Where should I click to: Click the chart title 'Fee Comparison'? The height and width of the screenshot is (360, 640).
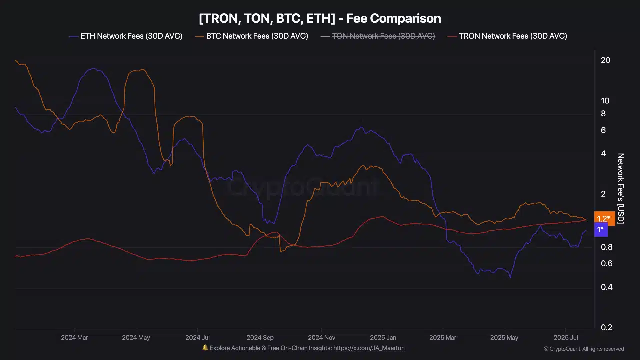(320, 19)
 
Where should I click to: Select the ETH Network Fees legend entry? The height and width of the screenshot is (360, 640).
(125, 36)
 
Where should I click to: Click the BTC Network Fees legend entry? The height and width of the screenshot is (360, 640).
(251, 36)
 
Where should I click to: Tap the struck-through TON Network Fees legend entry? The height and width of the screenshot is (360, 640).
(377, 36)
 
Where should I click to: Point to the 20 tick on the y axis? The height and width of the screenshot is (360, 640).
(605, 60)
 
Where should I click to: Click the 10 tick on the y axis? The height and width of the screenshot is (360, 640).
(605, 100)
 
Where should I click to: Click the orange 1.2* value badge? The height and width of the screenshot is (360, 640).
(603, 218)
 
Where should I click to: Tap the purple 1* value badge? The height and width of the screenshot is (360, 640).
(600, 230)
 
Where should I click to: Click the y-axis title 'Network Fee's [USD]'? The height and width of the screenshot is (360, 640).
(621, 188)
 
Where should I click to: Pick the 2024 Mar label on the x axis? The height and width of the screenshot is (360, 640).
(74, 338)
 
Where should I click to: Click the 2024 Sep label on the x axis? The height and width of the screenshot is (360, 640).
(260, 338)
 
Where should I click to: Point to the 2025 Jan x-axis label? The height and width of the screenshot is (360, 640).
(383, 338)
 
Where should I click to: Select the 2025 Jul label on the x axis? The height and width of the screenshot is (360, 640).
(566, 338)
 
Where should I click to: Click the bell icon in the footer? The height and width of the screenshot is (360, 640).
(205, 348)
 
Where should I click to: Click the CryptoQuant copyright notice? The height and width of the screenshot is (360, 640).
(583, 349)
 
